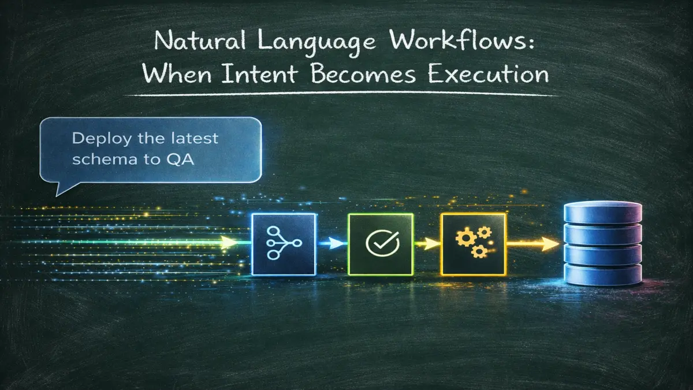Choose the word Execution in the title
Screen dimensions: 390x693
[489, 76]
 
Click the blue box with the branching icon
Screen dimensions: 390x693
[284, 244]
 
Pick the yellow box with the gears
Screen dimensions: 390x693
[473, 244]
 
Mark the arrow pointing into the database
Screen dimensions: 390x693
[534, 244]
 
